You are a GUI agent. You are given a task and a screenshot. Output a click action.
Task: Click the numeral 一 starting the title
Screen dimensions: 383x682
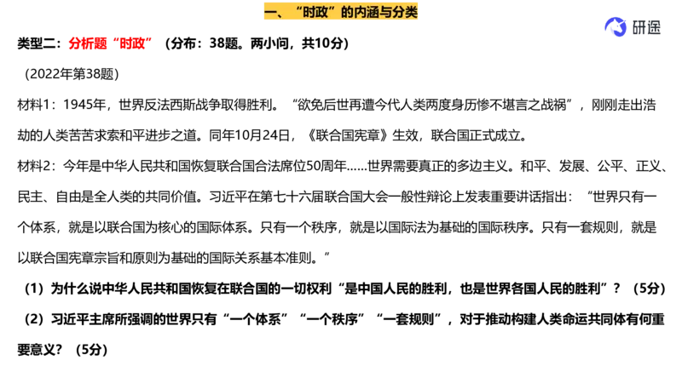[270, 12]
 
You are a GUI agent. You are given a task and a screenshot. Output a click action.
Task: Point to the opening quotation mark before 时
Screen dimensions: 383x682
[298, 9]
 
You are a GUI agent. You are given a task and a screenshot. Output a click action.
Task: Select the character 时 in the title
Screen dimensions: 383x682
[309, 12]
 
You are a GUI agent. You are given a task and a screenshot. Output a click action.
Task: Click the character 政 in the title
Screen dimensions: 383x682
[322, 12]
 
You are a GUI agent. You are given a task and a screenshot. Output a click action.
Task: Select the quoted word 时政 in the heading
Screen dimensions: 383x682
[315, 12]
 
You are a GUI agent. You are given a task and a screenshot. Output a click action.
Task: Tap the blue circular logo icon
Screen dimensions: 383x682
[614, 27]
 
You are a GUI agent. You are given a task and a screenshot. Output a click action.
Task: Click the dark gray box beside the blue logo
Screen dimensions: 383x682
[645, 26]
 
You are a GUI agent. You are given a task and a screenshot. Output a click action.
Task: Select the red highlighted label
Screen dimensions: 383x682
[112, 43]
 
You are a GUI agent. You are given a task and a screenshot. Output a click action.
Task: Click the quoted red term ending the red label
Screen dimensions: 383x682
[132, 43]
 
